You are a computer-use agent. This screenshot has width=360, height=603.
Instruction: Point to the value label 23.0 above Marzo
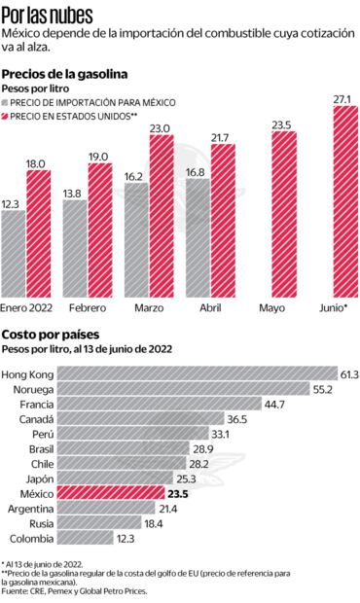tap(162, 128)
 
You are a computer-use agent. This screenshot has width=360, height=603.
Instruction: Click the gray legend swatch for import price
tap(7, 102)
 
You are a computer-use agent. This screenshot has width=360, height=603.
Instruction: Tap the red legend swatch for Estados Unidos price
tap(7, 116)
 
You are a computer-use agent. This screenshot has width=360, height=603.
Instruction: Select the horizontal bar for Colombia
tap(83, 538)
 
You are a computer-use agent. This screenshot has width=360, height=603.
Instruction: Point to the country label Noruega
tap(29, 388)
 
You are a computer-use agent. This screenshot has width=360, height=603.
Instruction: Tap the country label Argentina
tap(29, 508)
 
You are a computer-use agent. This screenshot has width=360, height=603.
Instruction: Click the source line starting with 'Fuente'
tap(90, 591)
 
